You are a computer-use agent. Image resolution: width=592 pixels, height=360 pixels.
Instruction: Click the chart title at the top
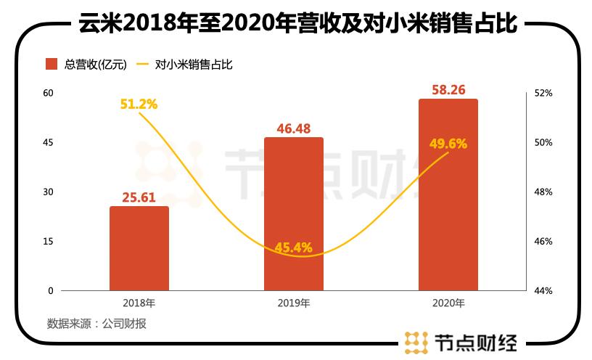click(x=296, y=25)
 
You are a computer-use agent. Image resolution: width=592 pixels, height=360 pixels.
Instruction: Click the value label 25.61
click(x=139, y=197)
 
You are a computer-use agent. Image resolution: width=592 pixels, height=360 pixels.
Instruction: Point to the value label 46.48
click(x=294, y=128)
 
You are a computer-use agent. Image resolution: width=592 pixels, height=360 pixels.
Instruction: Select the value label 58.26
click(x=448, y=90)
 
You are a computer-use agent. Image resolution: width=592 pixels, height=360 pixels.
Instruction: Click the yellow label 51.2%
click(x=139, y=105)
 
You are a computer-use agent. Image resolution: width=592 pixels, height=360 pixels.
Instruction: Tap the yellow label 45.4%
click(x=294, y=247)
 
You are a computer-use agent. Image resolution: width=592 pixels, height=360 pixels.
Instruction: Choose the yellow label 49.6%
click(x=448, y=144)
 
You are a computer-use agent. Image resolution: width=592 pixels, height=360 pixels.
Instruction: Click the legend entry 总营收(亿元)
click(x=86, y=65)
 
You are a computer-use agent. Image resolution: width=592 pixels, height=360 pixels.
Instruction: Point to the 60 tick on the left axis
click(x=49, y=93)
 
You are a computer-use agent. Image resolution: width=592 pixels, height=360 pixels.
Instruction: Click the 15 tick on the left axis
click(x=49, y=241)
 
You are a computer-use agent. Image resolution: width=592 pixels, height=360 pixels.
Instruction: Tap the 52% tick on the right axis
click(x=543, y=93)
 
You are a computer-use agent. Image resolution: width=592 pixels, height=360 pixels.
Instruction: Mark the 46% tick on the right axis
click(x=543, y=241)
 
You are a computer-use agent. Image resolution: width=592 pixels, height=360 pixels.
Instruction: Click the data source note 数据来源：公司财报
click(x=96, y=324)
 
